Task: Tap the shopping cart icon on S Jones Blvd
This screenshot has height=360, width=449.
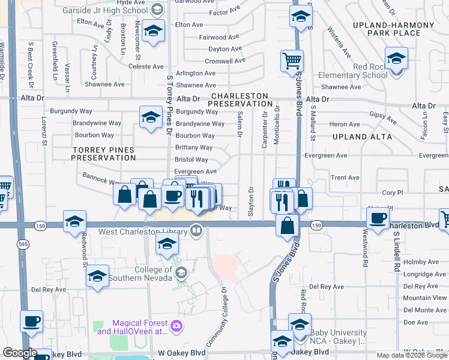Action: pyautogui.click(x=292, y=60)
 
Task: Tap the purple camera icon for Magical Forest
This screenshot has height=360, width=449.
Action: pyautogui.click(x=176, y=326)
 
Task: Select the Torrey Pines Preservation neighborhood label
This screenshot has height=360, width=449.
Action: pyautogui.click(x=104, y=154)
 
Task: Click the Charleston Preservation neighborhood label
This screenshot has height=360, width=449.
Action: pyautogui.click(x=238, y=100)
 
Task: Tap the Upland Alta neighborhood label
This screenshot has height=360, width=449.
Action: pyautogui.click(x=361, y=137)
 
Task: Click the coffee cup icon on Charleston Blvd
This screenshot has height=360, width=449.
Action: pyautogui.click(x=379, y=218)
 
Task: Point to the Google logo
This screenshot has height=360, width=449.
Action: pyautogui.click(x=20, y=353)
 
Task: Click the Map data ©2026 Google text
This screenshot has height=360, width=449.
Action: pyautogui.click(x=411, y=355)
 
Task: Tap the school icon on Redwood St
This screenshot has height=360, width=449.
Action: pyautogui.click(x=74, y=221)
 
